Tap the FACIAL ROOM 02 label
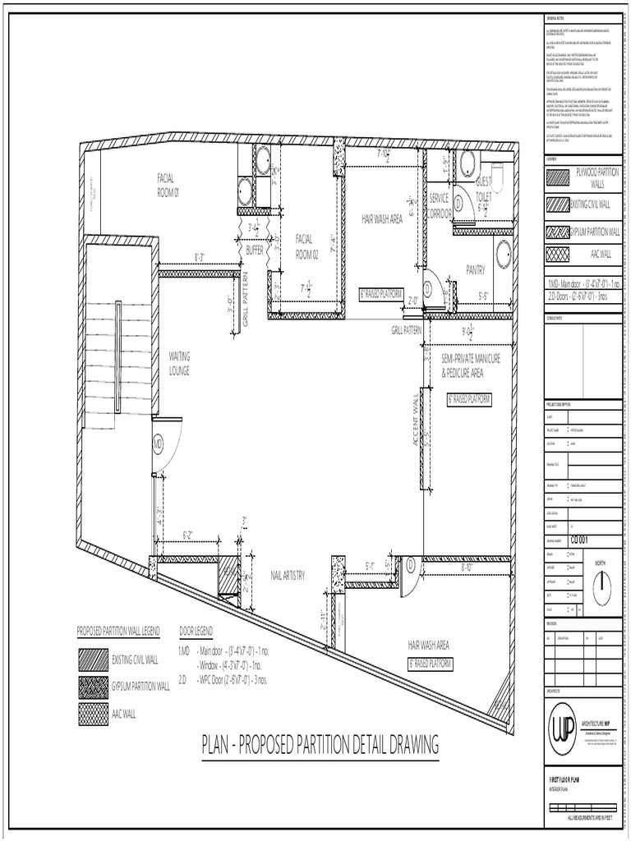tap(306, 246)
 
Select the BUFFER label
tap(255, 250)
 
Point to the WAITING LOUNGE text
tap(179, 363)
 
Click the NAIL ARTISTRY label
tap(288, 576)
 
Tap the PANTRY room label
tap(476, 269)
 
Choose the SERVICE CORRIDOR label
tap(440, 207)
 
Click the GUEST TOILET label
tap(483, 189)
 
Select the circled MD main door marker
tap(159, 444)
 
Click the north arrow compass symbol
tap(602, 584)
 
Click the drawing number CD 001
tap(582, 540)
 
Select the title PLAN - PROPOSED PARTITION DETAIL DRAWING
tap(320, 746)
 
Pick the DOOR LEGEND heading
tap(196, 631)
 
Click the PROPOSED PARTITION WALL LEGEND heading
tap(118, 631)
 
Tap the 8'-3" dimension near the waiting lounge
tap(200, 257)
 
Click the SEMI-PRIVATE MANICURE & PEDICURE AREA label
tap(470, 365)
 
